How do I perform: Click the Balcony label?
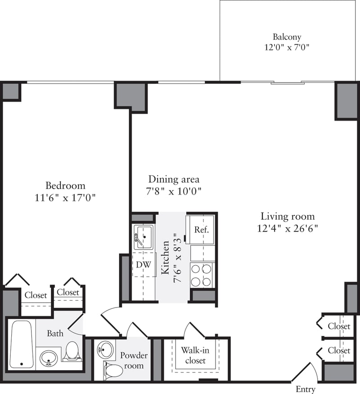tap(287, 37)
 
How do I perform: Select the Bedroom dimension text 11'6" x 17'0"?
tap(65, 197)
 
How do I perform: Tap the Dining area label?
tap(168, 179)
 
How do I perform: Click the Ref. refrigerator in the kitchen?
tap(201, 229)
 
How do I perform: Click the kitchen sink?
tap(144, 236)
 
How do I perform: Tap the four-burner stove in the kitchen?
tap(201, 275)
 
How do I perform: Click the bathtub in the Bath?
tap(21, 344)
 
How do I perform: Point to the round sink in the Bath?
tap(48, 358)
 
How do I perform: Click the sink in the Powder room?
tap(106, 349)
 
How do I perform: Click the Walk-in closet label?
tap(193, 355)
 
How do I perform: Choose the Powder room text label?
tap(134, 360)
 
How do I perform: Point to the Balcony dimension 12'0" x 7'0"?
tap(287, 47)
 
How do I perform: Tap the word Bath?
tap(55, 334)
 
